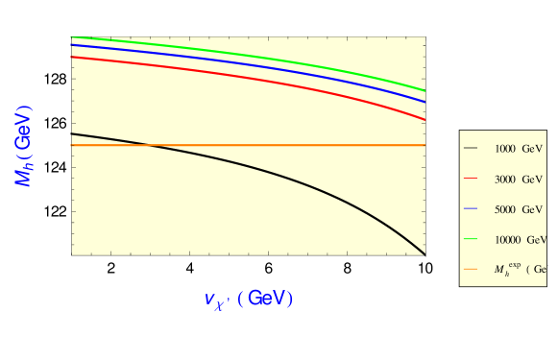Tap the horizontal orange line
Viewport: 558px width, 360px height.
coord(288,145)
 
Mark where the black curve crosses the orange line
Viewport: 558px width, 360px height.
coord(149,145)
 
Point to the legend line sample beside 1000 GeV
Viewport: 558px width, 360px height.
coord(471,149)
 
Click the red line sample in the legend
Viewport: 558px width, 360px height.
coord(471,180)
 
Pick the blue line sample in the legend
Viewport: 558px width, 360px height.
coord(471,209)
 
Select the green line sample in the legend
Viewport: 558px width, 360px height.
coord(471,239)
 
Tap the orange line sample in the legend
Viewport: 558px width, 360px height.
coord(471,270)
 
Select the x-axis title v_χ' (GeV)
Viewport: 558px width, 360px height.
coord(248,299)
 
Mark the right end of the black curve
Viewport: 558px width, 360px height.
coord(425,254)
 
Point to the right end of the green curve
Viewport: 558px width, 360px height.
coord(425,90)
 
